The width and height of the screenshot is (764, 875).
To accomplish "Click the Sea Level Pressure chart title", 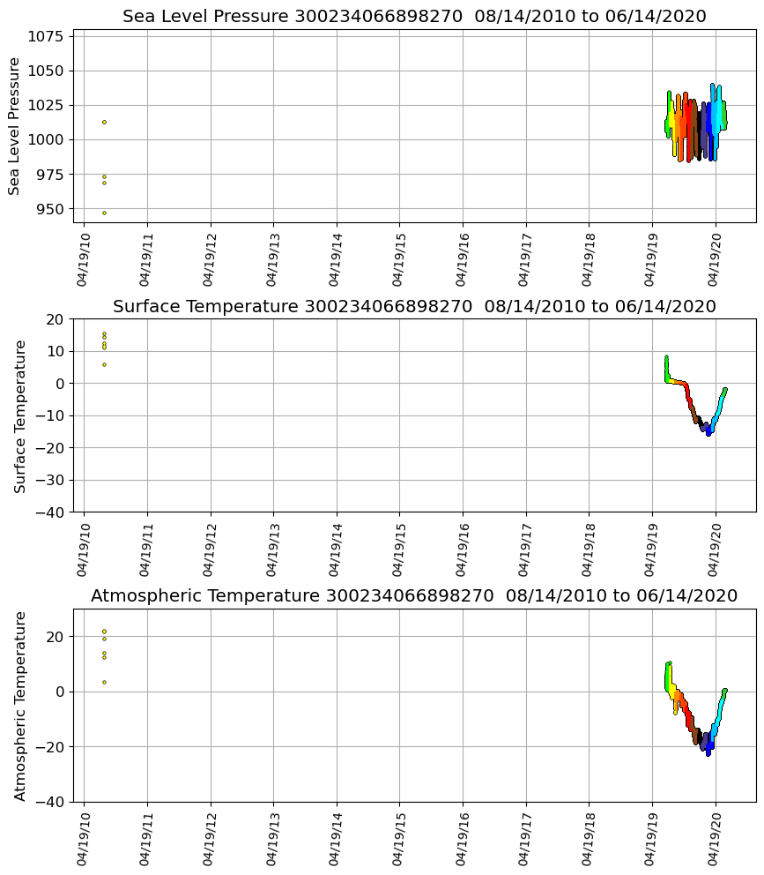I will coord(414,17).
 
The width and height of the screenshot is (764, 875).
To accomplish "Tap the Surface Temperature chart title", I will coord(414,306).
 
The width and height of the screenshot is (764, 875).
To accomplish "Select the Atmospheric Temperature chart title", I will coord(414,595).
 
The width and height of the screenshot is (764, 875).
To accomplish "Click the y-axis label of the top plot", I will coord(15,125).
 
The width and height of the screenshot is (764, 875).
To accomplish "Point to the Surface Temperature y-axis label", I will coord(20,415).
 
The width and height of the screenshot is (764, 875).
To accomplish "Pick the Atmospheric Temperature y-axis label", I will coord(20,705).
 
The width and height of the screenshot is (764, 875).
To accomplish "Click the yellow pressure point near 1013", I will coord(104,122).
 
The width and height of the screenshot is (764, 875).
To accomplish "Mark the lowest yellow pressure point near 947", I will coord(104,213).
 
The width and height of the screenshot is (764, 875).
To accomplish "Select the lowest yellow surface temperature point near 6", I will coord(104,364).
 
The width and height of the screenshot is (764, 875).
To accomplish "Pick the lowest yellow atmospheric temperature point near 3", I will coord(104,682).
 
